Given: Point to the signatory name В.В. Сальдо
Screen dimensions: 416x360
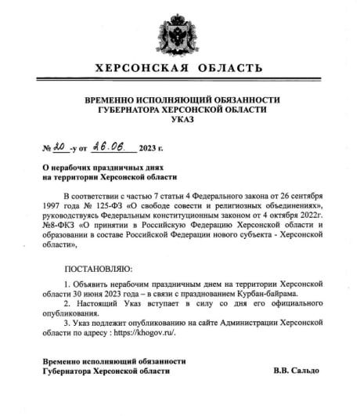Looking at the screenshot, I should [x=297, y=370].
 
